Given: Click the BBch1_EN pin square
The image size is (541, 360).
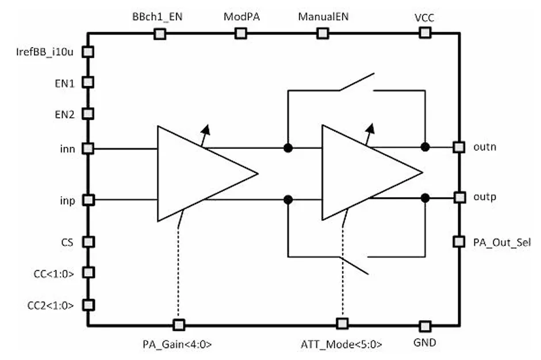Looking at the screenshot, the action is (x=160, y=34).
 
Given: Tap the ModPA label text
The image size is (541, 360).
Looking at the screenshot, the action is (x=241, y=17).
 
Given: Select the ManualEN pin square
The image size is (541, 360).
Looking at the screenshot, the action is (x=323, y=33).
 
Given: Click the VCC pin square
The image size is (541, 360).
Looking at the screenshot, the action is (x=425, y=33).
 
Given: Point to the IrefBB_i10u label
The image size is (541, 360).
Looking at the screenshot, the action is (x=45, y=52).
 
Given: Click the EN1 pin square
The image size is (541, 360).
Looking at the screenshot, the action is (x=88, y=82).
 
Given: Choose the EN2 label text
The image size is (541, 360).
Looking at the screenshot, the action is (x=64, y=114).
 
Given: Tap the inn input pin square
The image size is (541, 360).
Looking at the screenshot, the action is (x=88, y=148).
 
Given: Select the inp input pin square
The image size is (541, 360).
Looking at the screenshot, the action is (x=89, y=200).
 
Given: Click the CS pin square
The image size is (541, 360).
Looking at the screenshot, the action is (x=89, y=242).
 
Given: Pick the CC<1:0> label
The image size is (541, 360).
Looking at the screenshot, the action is (x=54, y=274).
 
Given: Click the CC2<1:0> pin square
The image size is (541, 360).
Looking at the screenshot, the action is (x=89, y=305).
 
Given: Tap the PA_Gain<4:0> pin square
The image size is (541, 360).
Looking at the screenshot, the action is (x=179, y=325).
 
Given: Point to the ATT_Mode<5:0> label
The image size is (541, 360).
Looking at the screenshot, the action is (x=342, y=344).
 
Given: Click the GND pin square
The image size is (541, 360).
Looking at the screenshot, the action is (x=425, y=326).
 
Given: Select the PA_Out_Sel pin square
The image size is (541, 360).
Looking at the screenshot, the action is (x=459, y=242).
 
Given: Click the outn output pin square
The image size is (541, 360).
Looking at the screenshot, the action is (x=459, y=147).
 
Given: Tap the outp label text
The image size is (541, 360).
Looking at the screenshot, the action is (x=485, y=197).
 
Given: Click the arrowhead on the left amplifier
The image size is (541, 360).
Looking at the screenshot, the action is (x=206, y=130).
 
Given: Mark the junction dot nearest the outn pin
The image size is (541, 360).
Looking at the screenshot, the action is (x=425, y=147).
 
